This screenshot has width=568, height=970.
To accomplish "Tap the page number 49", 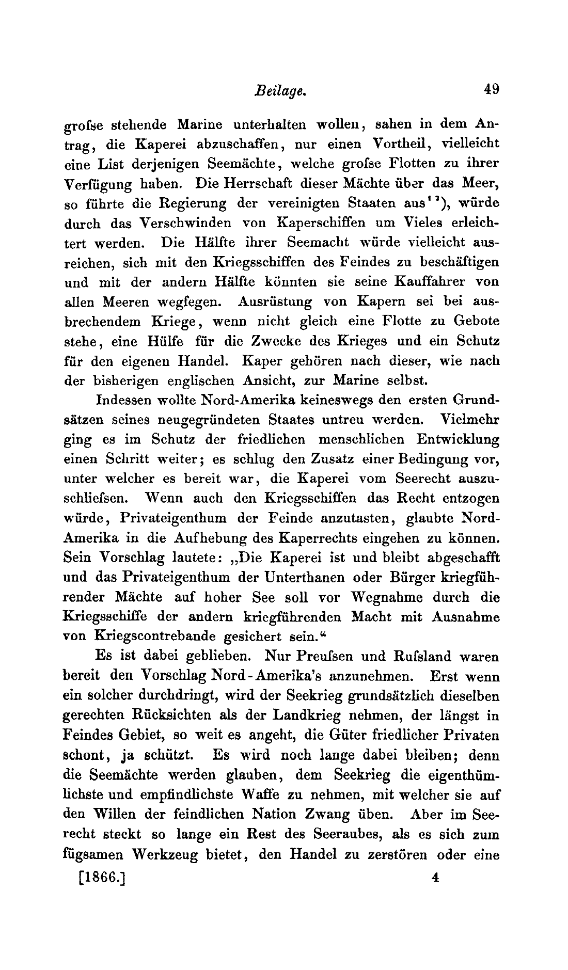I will coord(491,89).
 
